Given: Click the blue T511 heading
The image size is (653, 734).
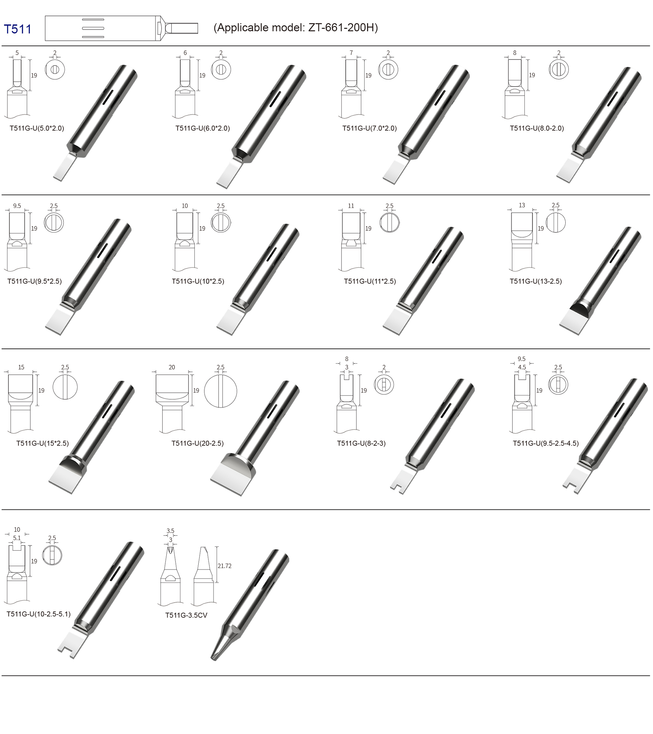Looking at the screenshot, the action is click(x=18, y=29).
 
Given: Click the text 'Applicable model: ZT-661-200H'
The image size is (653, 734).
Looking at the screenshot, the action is click(x=296, y=28).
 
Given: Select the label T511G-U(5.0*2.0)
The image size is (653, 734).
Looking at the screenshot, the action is click(x=37, y=128).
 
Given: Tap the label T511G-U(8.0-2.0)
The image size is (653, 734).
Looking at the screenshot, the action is click(x=537, y=128).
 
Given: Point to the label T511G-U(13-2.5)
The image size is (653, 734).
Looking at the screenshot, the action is click(x=536, y=281).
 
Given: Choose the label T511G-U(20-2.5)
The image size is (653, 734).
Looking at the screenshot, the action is click(x=198, y=443).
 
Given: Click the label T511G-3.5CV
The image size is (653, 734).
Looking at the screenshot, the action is click(x=186, y=615).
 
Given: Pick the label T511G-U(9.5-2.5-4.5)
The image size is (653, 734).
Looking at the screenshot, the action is click(x=546, y=443).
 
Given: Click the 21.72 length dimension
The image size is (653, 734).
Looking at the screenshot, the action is click(x=224, y=566).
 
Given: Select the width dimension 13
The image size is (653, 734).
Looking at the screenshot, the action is click(x=522, y=206).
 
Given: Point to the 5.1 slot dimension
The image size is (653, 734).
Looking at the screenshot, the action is click(x=17, y=538).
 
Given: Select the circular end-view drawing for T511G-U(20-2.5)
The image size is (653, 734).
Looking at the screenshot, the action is click(x=220, y=391).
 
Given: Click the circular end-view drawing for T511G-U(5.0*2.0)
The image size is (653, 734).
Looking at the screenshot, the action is click(x=55, y=69).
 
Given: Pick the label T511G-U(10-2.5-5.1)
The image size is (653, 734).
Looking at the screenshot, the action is click(x=39, y=614).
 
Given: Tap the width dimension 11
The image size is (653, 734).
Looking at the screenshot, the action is click(x=351, y=206).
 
